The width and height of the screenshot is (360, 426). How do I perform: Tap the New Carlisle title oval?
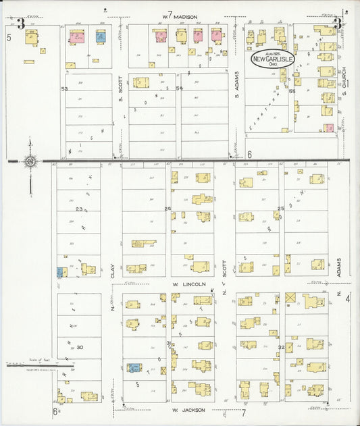(273, 59)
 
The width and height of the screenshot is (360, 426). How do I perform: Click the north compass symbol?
(30, 161)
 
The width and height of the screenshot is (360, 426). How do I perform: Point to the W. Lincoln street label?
(188, 284)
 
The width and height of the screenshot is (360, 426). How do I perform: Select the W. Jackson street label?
(184, 410)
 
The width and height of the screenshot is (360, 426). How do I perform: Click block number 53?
(64, 88)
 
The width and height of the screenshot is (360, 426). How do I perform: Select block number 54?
(179, 88)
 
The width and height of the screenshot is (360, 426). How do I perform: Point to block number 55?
(292, 90)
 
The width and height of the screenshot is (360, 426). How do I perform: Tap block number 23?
(80, 210)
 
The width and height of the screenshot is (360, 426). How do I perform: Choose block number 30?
(79, 347)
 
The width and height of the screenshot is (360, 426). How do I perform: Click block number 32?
(281, 347)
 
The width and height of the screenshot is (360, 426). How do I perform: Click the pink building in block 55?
(328, 128)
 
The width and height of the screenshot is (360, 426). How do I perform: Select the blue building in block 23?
(60, 271)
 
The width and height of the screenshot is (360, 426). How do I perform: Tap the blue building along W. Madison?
(100, 36)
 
